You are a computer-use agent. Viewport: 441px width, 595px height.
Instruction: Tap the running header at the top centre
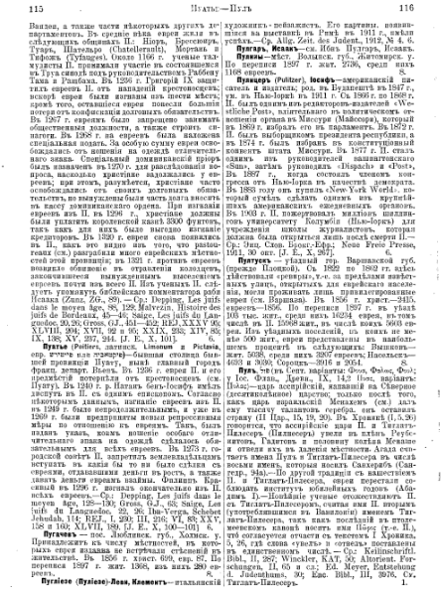(x=220, y=6)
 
